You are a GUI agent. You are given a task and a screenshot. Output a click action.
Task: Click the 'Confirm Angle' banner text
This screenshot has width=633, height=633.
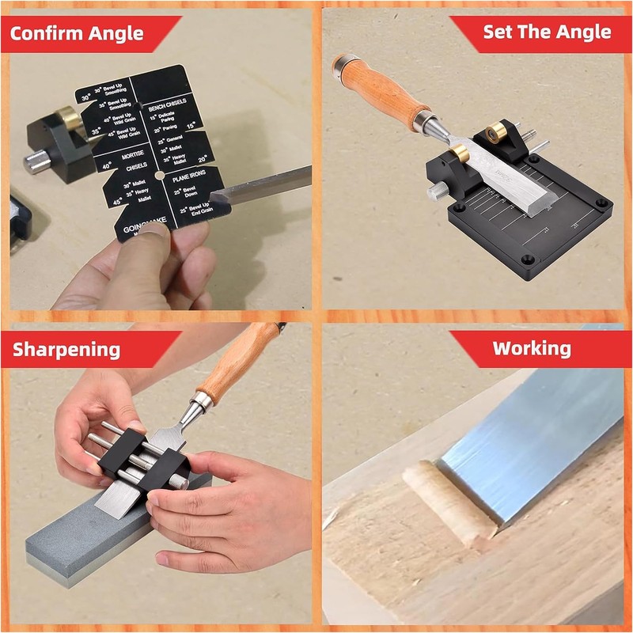pyautogui.click(x=77, y=34)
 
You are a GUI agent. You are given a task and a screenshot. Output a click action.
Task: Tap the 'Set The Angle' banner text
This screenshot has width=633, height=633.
pyautogui.click(x=547, y=32)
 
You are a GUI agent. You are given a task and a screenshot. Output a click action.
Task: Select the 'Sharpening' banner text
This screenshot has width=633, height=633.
pyautogui.click(x=66, y=349)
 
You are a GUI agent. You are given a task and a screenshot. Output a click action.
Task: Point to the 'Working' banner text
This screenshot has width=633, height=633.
pyautogui.click(x=531, y=348)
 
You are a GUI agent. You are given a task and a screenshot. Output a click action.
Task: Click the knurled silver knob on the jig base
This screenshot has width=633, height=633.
pyautogui.click(x=435, y=192)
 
